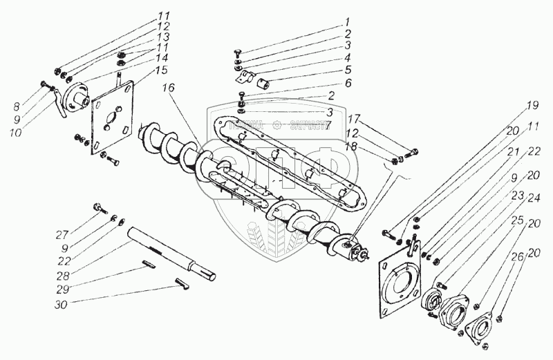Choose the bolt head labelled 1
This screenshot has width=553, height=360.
236,53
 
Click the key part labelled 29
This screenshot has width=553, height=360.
151,262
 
